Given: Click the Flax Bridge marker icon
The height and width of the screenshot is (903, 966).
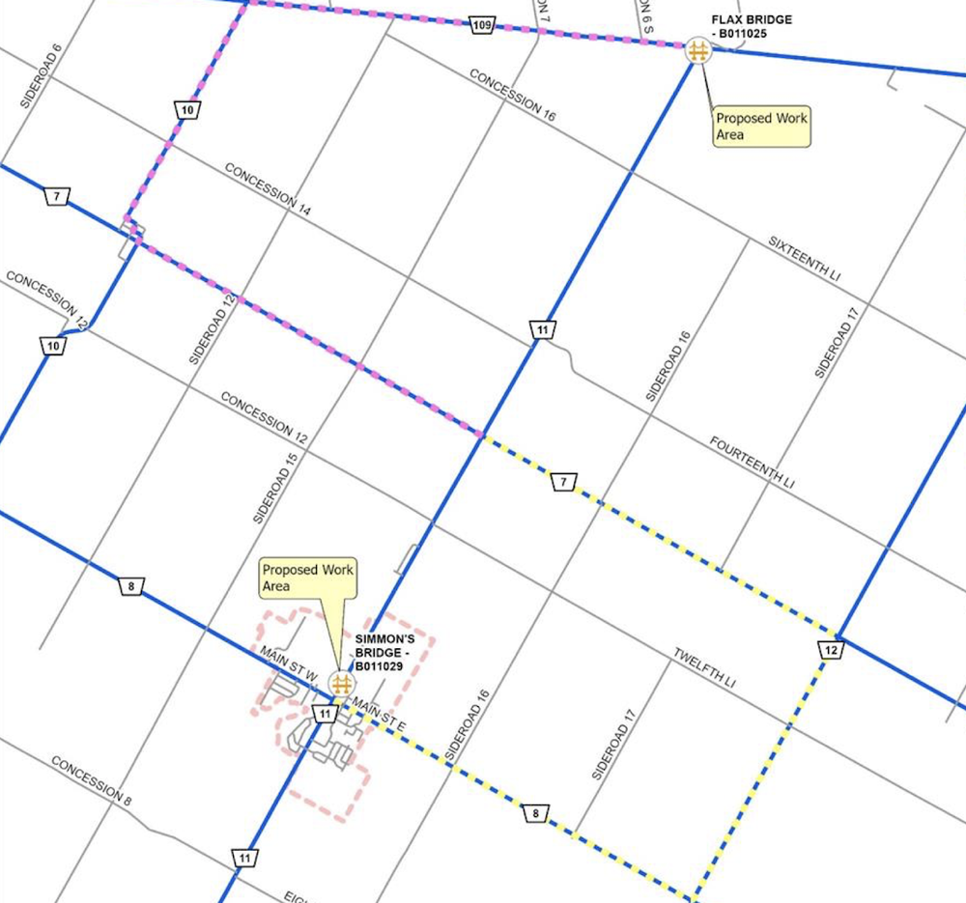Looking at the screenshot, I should point(697,50).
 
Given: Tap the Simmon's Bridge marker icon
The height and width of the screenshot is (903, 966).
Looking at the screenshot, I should point(340,684).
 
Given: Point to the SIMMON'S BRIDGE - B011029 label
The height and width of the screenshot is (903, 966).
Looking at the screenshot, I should point(384,653).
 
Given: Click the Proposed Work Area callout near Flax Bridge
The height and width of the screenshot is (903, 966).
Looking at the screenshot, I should point(761,127).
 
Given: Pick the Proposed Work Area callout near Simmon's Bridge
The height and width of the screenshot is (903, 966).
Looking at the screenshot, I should point(307,578).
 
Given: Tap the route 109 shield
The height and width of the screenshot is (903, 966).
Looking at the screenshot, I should point(484,24).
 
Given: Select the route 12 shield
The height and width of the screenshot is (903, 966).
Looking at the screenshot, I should point(831,651).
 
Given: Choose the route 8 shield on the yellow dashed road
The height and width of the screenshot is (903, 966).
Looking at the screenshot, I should point(535,814).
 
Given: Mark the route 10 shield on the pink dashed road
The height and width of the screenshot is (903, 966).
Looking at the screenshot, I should point(186,110).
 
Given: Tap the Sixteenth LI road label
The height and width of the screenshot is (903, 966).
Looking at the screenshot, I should point(805,258).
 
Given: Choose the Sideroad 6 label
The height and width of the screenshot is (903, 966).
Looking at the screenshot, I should point(41,76).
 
